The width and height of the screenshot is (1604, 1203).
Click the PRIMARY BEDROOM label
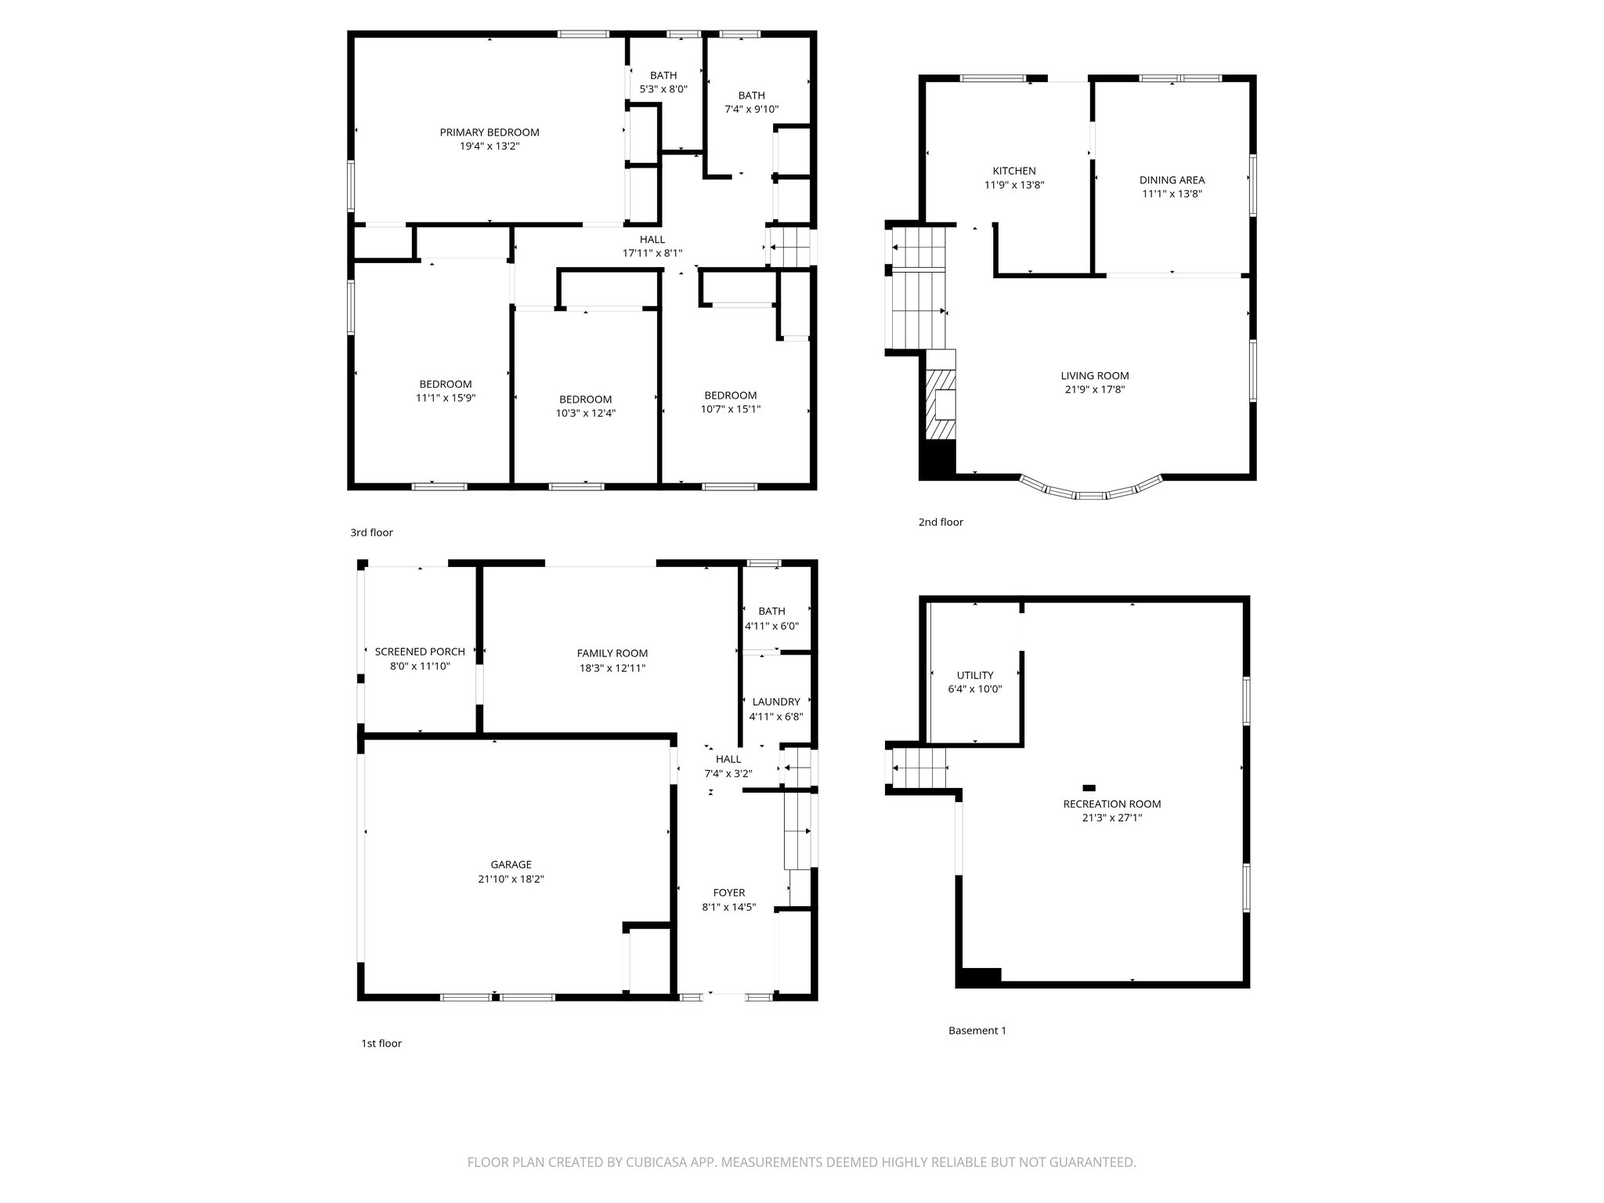pyautogui.click(x=489, y=132)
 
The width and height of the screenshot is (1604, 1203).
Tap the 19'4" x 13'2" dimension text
pyautogui.click(x=489, y=146)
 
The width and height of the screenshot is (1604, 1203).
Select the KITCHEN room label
pyautogui.click(x=1013, y=171)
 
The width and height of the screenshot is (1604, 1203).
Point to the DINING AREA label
pyautogui.click(x=1172, y=180)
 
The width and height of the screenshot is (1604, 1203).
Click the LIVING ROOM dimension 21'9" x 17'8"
pyautogui.click(x=1094, y=390)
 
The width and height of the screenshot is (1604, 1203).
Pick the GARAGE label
pyautogui.click(x=511, y=865)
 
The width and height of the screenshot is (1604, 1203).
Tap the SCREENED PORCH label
pyautogui.click(x=420, y=652)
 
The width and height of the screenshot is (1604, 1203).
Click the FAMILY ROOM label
pyautogui.click(x=612, y=653)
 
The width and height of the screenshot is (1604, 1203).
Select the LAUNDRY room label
pyautogui.click(x=775, y=702)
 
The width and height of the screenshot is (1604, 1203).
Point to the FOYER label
pyautogui.click(x=728, y=893)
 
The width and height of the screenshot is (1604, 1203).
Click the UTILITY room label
pyautogui.click(x=974, y=675)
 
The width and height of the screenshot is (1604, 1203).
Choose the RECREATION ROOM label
pyautogui.click(x=1111, y=804)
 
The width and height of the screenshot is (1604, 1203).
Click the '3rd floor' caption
pyautogui.click(x=371, y=533)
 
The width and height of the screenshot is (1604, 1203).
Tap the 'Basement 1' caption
pyautogui.click(x=977, y=1031)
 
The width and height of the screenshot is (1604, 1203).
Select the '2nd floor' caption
pyautogui.click(x=941, y=522)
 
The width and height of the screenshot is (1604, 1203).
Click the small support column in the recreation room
pyautogui.click(x=1089, y=788)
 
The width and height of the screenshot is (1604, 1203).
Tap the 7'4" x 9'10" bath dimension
pyautogui.click(x=751, y=110)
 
